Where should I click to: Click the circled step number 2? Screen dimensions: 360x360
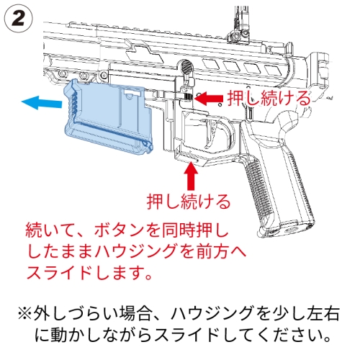[x=19, y=19]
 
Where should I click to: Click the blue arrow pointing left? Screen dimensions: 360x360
[x=42, y=102]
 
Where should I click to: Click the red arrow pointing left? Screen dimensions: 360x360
[x=209, y=99]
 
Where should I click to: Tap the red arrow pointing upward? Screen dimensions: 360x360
[x=191, y=176]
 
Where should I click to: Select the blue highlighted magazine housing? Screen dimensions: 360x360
[x=108, y=117]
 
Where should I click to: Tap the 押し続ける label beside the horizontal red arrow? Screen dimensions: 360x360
[x=269, y=98]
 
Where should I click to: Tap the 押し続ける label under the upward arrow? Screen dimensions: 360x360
[x=189, y=201]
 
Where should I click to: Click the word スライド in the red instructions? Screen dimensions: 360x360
[x=60, y=273]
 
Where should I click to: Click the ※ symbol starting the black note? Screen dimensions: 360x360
[x=24, y=313]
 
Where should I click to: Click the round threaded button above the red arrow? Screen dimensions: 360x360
[x=187, y=66]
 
